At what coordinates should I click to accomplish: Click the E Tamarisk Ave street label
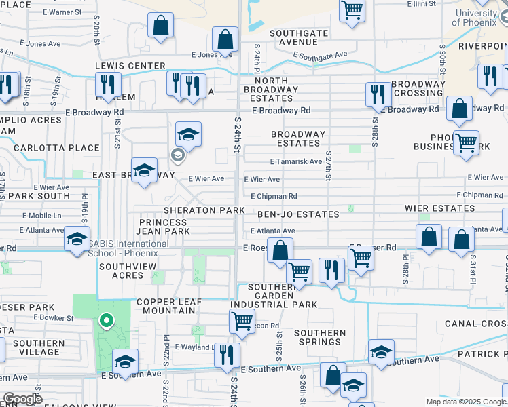(295, 162)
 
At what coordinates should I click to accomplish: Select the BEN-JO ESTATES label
(298, 214)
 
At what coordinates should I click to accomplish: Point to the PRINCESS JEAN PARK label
(164, 227)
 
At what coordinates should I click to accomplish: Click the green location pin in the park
(105, 320)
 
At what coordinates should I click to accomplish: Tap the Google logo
(22, 400)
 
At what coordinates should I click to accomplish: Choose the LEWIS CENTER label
(130, 66)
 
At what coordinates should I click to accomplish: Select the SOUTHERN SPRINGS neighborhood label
(320, 337)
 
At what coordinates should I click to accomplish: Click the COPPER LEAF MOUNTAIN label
(166, 307)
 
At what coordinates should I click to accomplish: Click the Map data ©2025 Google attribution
(466, 402)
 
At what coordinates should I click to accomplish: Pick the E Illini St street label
(425, 4)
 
